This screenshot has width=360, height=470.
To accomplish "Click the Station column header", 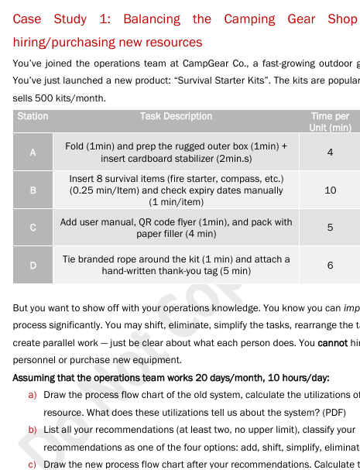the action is pyautogui.click(x=33, y=116).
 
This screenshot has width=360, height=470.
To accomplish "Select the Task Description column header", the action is pyautogui.click(x=176, y=116).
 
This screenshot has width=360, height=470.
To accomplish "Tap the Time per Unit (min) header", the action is pyautogui.click(x=330, y=122).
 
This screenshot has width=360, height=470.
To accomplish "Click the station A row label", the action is pyautogui.click(x=33, y=153).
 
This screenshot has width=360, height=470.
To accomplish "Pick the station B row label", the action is pyautogui.click(x=33, y=190).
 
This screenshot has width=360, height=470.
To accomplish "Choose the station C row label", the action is pyautogui.click(x=33, y=228).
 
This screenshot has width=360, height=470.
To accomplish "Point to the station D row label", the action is pyautogui.click(x=33, y=265).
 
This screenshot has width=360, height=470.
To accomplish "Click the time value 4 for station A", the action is pyautogui.click(x=330, y=153).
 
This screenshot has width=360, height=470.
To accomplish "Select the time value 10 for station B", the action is pyautogui.click(x=330, y=190).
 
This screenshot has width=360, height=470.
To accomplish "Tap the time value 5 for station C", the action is pyautogui.click(x=330, y=228).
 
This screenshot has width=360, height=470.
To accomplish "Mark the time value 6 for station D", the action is pyautogui.click(x=330, y=265).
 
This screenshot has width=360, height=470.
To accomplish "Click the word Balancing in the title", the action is pyautogui.click(x=152, y=19).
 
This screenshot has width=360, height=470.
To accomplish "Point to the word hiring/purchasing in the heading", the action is pyautogui.click(x=59, y=42).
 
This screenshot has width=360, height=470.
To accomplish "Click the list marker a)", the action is pyautogui.click(x=33, y=394).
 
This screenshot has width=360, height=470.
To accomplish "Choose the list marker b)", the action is pyautogui.click(x=33, y=429).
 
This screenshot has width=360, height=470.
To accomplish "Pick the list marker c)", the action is pyautogui.click(x=33, y=464).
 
